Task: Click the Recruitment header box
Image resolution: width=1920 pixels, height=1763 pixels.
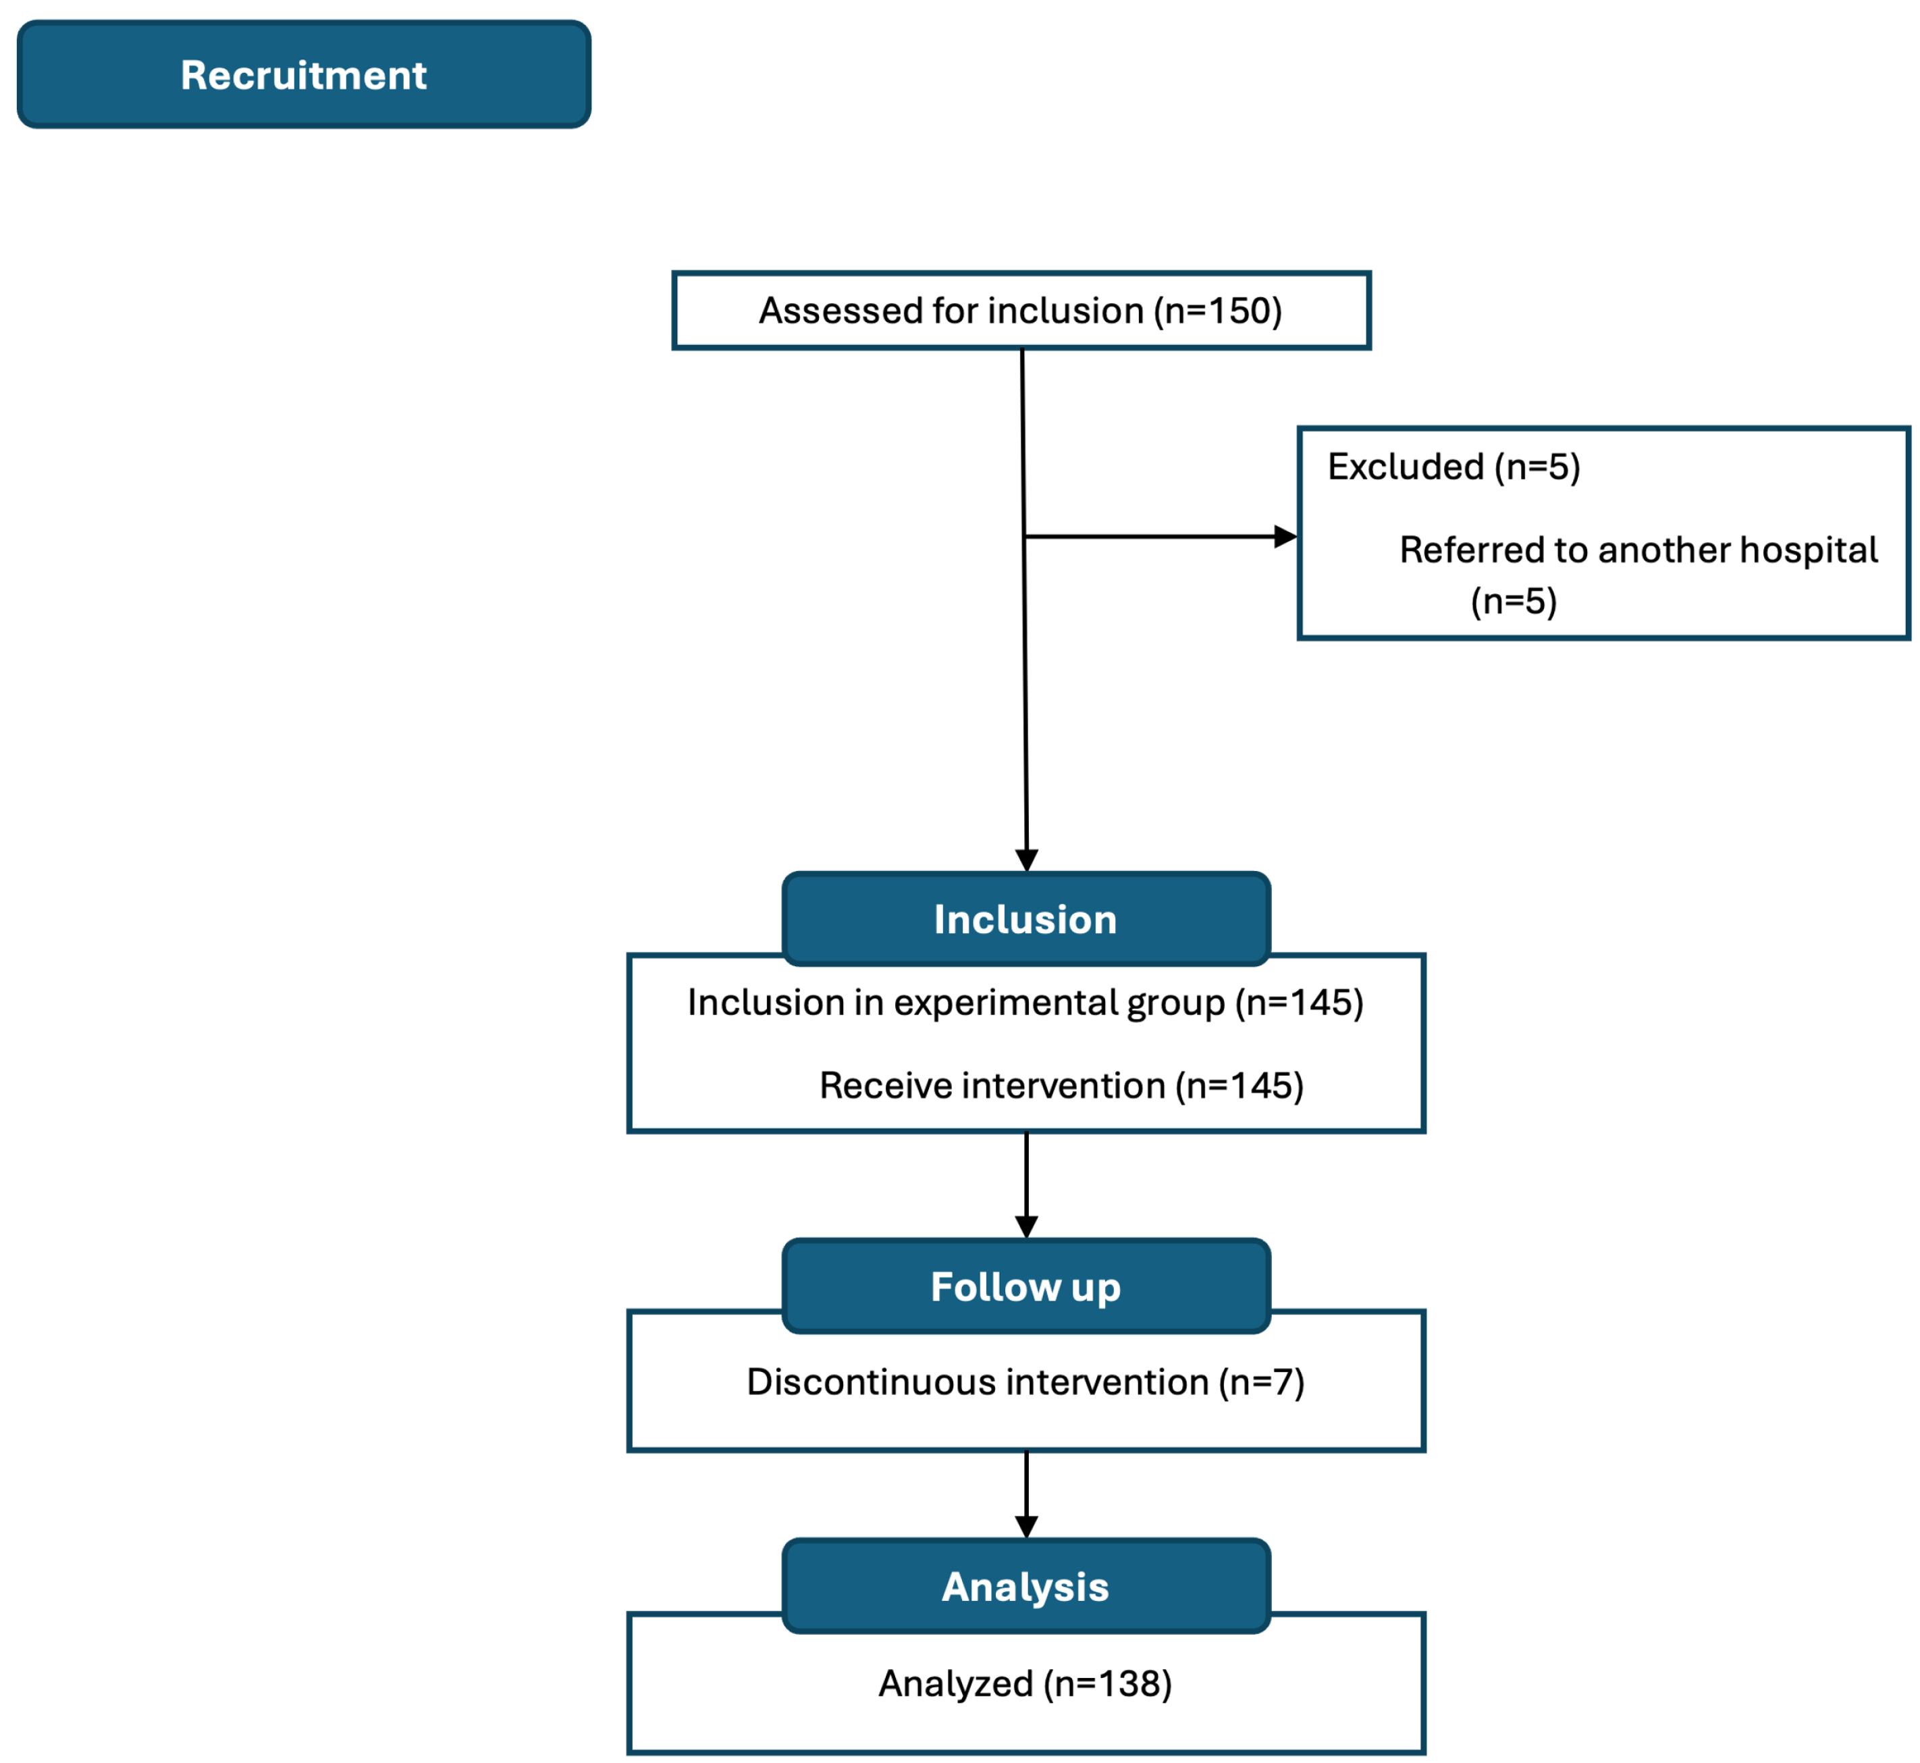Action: tap(303, 74)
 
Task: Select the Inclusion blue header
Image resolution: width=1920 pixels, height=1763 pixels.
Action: tap(1025, 920)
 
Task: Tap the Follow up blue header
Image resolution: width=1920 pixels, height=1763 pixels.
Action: tap(1025, 1287)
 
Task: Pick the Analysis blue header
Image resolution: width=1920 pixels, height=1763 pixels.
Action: tap(1025, 1587)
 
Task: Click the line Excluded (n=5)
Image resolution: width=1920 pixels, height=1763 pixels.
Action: tap(1453, 467)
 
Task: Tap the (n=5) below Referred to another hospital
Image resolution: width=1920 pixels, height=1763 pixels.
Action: tap(1513, 601)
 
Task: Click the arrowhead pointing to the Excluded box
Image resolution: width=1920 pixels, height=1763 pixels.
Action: tap(1285, 537)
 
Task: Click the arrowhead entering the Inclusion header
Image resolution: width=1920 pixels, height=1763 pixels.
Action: tap(1026, 860)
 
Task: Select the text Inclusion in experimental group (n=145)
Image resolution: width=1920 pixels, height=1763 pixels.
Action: tap(1025, 1003)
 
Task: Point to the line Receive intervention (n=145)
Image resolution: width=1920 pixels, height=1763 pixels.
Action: tap(1061, 1086)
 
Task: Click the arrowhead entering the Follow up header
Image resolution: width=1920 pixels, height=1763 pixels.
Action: tap(1026, 1227)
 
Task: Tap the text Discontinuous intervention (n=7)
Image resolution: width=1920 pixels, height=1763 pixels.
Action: tap(1025, 1382)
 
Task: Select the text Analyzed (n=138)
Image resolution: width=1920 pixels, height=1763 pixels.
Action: tap(1025, 1684)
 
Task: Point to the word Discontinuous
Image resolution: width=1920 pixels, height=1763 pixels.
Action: tap(870, 1382)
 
